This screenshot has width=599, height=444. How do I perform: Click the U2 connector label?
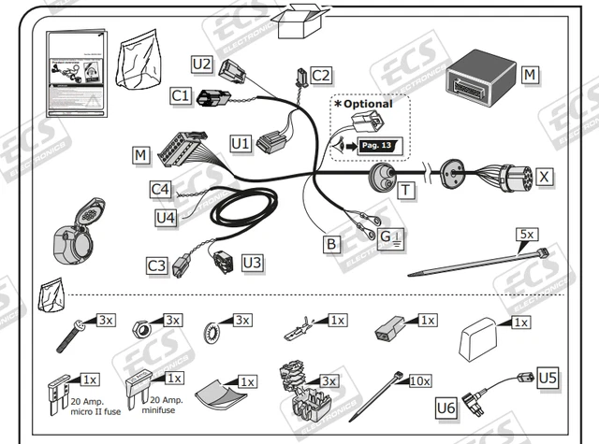tap(201, 64)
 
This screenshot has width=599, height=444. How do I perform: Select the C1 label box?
tap(181, 95)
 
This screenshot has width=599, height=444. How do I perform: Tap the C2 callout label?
tap(321, 75)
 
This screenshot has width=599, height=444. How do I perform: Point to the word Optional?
tap(368, 104)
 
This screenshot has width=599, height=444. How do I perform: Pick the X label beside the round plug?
tap(545, 175)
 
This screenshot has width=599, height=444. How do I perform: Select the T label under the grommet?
tap(407, 191)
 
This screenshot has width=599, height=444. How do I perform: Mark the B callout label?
tap(330, 245)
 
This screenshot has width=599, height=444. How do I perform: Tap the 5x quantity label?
tap(527, 235)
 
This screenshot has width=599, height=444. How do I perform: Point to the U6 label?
tap(446, 407)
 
